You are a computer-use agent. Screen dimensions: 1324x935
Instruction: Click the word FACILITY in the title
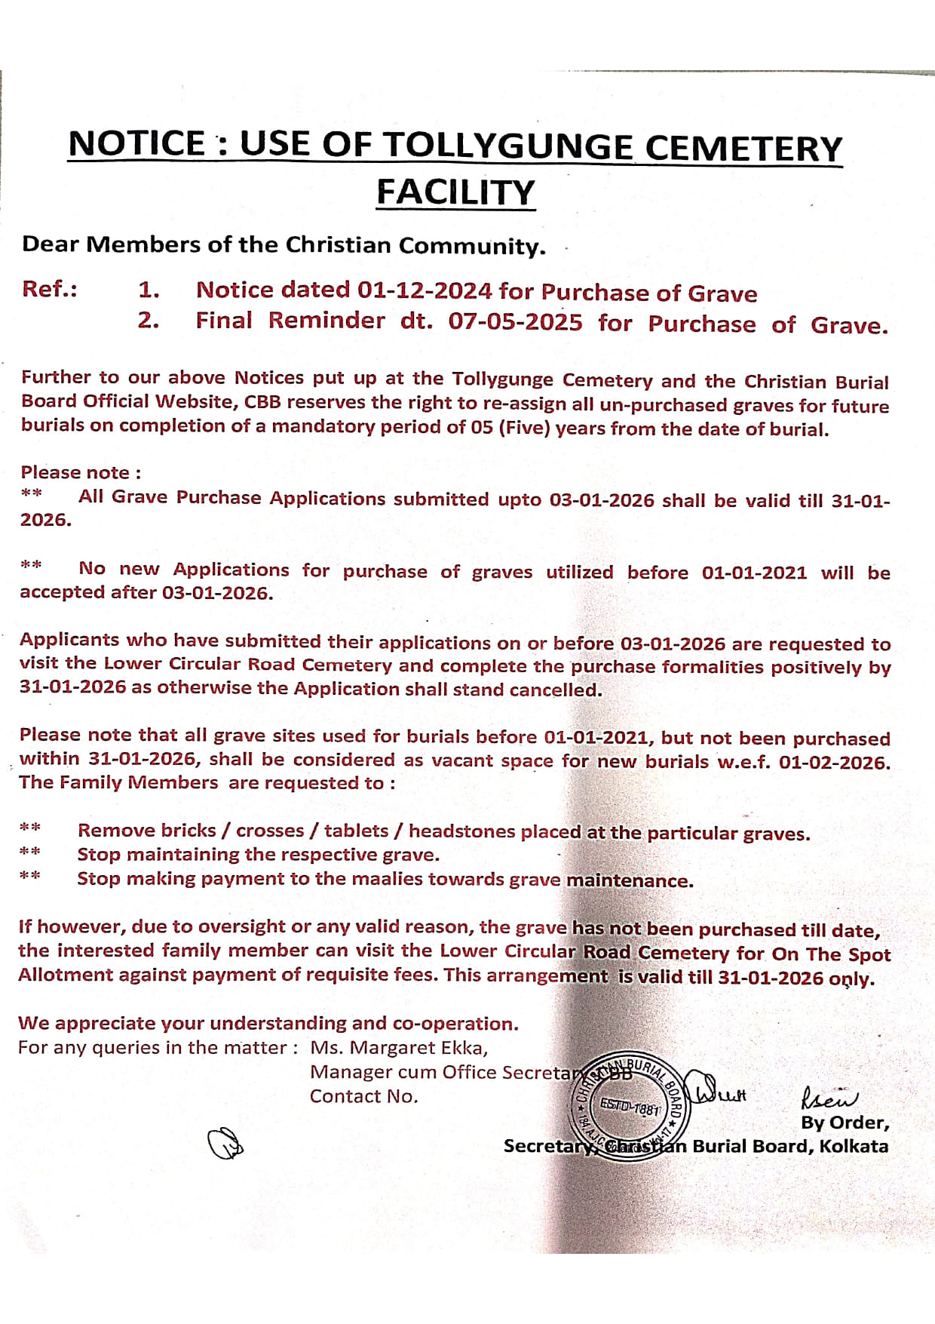coord(455,192)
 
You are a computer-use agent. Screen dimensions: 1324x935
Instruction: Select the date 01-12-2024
coord(425,290)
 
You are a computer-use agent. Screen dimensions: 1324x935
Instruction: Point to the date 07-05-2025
coord(515,322)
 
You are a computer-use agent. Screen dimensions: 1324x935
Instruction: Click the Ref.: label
coord(50,289)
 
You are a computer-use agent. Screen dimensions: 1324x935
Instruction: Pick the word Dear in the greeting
coord(50,244)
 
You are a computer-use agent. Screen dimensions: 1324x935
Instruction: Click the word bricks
coord(184,831)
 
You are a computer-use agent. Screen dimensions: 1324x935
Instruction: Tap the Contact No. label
coord(363,1096)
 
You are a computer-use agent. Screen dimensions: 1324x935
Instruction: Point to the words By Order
coord(845,1123)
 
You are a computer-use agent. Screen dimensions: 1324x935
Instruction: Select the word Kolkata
coord(854,1146)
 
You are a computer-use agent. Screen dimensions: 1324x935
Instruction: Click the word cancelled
coord(555,690)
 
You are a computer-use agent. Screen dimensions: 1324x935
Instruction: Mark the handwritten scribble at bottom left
coord(225,1144)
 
